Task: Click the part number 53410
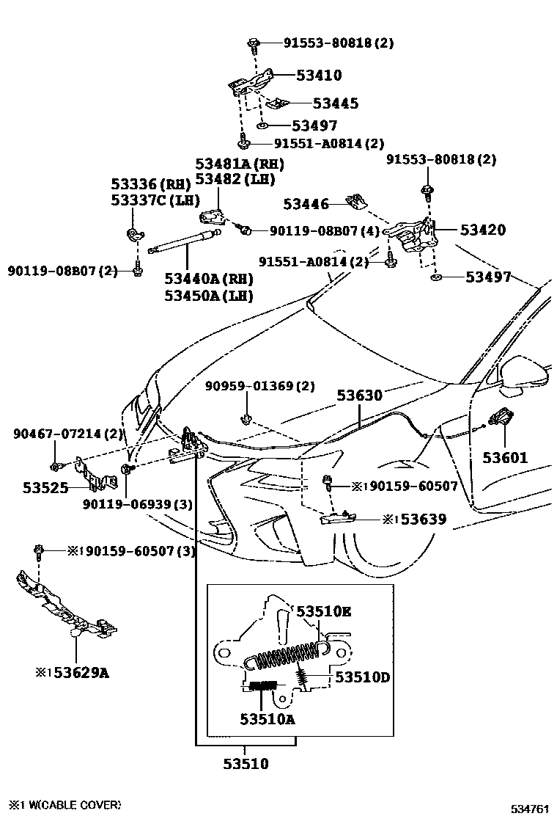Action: click(x=319, y=75)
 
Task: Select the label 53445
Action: click(x=336, y=103)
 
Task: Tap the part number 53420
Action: click(x=482, y=230)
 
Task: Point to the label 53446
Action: click(x=306, y=204)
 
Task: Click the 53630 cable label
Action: click(x=359, y=396)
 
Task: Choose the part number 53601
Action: click(x=505, y=458)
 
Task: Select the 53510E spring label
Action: click(x=323, y=611)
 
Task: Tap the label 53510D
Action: click(x=362, y=677)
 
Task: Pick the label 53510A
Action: click(x=267, y=719)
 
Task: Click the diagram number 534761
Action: click(x=529, y=809)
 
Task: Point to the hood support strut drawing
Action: click(x=182, y=241)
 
